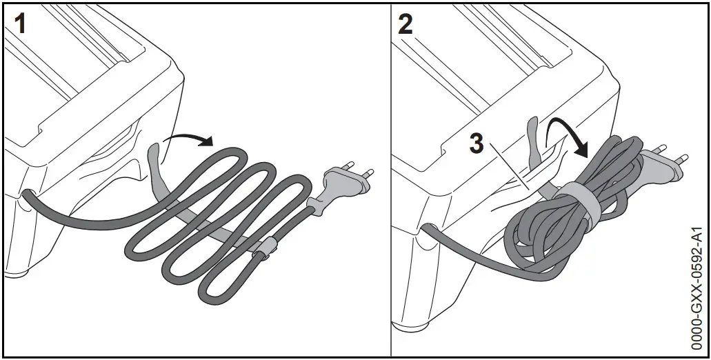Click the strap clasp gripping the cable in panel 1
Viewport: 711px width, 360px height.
pyautogui.click(x=266, y=248)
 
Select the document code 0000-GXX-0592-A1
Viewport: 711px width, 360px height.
pyautogui.click(x=698, y=289)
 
